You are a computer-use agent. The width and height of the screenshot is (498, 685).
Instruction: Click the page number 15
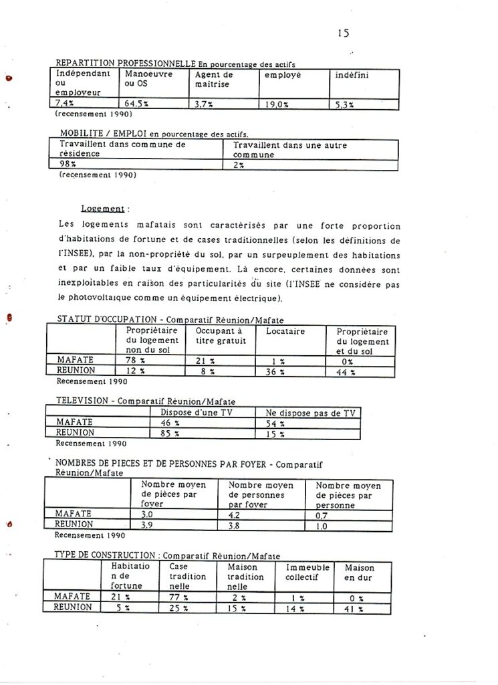tap(343, 33)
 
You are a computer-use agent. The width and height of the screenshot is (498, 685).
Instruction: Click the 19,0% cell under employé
tap(275, 104)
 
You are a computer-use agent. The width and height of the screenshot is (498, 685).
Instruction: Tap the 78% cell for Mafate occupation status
tap(136, 361)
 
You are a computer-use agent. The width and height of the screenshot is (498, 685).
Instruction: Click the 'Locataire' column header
tap(285, 331)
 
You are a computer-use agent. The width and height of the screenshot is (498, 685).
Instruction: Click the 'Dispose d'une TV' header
tap(201, 413)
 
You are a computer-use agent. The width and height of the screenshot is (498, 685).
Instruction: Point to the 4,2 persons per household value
tap(235, 516)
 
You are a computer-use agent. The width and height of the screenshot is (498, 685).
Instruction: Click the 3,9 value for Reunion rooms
tap(147, 526)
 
